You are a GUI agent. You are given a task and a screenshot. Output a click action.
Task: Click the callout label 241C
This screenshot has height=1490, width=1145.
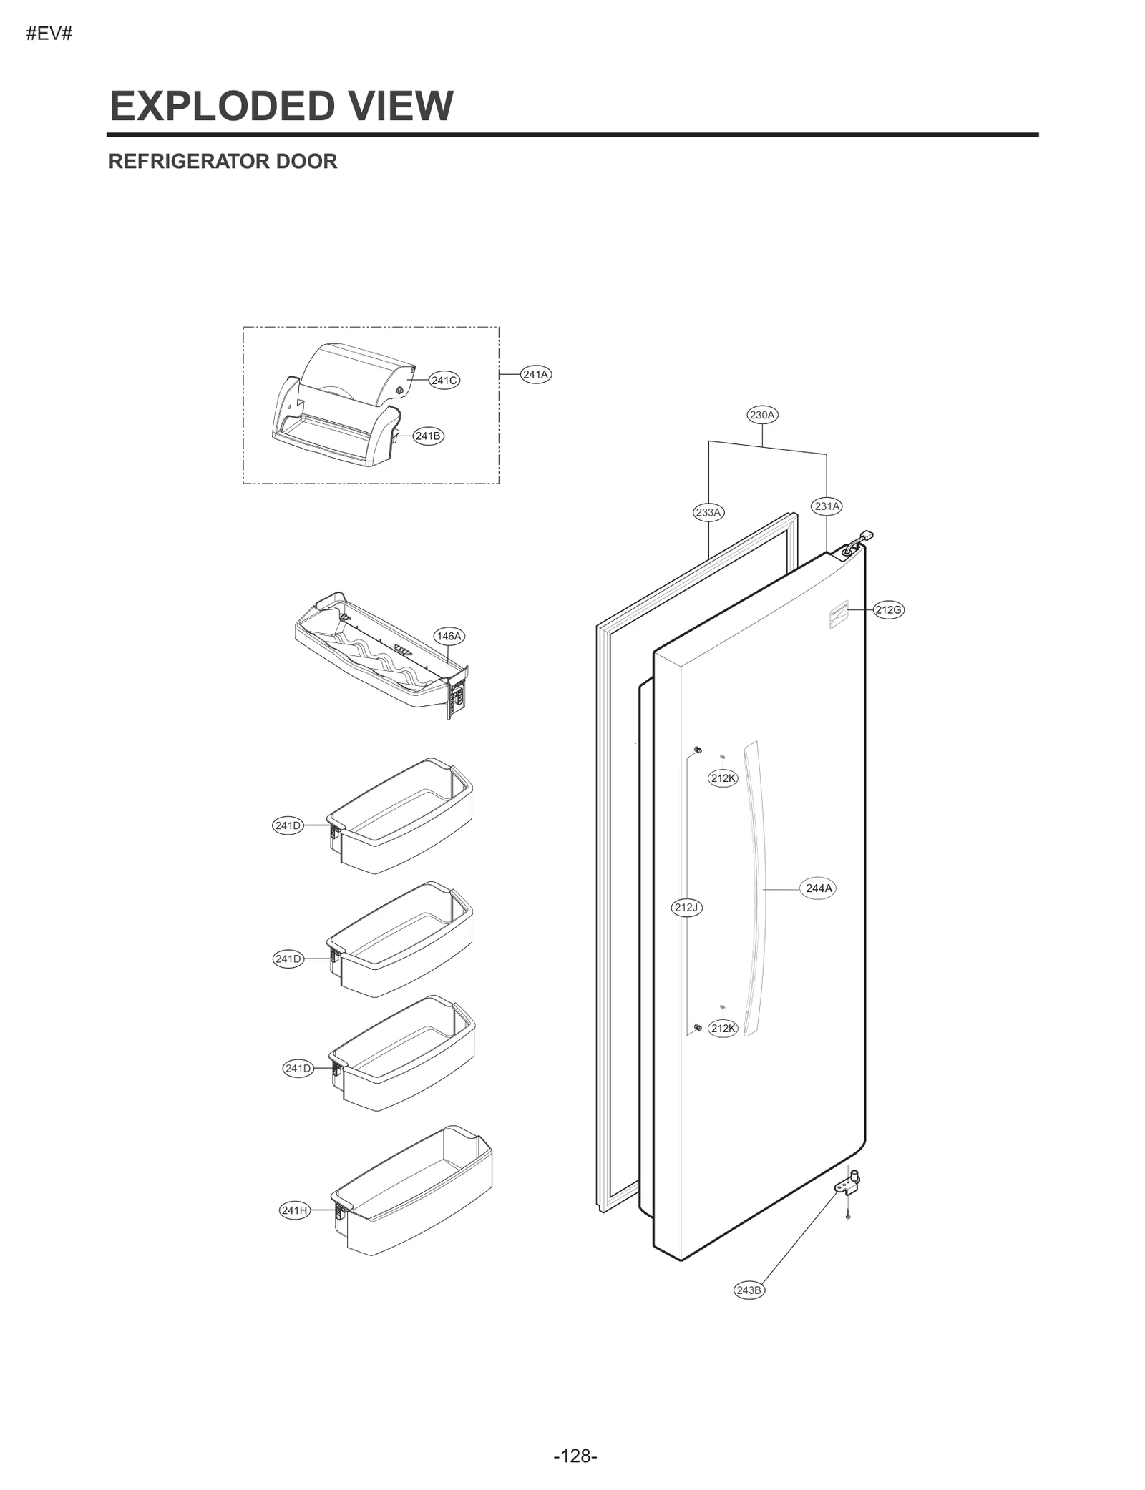444,381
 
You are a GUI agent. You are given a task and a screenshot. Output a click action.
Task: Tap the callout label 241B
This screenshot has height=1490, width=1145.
428,436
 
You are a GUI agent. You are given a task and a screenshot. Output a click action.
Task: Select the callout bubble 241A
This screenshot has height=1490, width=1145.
535,374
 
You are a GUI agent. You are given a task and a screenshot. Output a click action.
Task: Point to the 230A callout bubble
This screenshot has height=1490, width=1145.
762,415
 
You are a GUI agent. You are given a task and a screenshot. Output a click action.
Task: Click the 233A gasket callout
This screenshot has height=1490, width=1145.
708,512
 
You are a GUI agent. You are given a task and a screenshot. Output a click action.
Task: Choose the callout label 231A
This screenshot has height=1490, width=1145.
827,506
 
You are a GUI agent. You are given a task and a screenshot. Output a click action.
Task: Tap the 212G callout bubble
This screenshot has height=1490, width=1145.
888,610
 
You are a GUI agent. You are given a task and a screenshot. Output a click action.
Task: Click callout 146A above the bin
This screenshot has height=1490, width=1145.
449,636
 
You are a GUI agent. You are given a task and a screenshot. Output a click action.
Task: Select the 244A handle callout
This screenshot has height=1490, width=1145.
819,888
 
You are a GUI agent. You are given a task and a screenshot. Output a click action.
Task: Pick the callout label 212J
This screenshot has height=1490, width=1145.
686,908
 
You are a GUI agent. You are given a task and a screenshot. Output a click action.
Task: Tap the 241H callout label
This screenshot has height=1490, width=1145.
294,1210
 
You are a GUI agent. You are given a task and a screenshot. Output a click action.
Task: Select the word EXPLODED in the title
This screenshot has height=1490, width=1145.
221,106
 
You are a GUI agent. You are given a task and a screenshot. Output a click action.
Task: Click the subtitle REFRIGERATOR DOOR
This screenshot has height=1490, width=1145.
223,162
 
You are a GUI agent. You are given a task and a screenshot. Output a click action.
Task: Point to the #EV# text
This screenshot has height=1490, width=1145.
49,34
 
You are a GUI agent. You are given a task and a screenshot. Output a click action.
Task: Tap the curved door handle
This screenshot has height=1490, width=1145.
756,887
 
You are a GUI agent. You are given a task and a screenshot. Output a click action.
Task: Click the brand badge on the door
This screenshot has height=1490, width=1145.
838,614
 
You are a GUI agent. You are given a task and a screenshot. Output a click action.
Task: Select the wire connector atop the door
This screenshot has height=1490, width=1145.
867,535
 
